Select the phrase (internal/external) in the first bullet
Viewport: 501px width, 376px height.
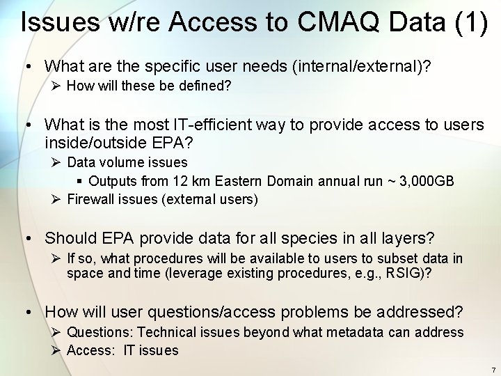pos(361,66)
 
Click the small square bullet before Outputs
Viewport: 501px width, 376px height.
pos(81,181)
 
